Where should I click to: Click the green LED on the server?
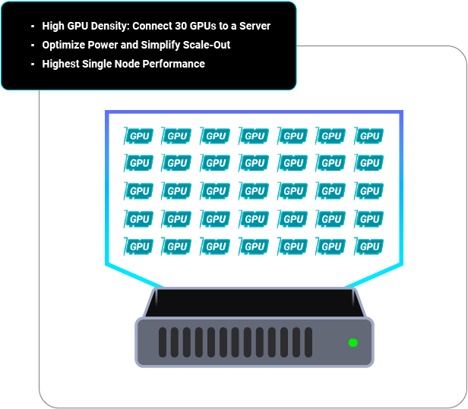(x=353, y=343)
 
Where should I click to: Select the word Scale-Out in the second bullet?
(x=207, y=45)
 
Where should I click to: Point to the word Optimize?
(x=64, y=45)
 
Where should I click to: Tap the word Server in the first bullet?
(x=254, y=26)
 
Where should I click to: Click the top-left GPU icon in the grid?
(x=139, y=137)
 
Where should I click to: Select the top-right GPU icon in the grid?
(x=369, y=137)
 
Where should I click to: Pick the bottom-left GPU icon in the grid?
(x=139, y=247)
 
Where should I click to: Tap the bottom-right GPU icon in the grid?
(x=369, y=247)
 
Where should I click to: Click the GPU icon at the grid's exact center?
(x=255, y=191)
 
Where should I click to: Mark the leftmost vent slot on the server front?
(x=163, y=342)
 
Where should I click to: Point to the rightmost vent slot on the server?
(x=308, y=342)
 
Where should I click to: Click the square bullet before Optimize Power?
(x=33, y=46)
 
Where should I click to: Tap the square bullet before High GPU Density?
(x=33, y=27)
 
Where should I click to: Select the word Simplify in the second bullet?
(x=161, y=45)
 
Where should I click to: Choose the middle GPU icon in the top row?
(x=255, y=137)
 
